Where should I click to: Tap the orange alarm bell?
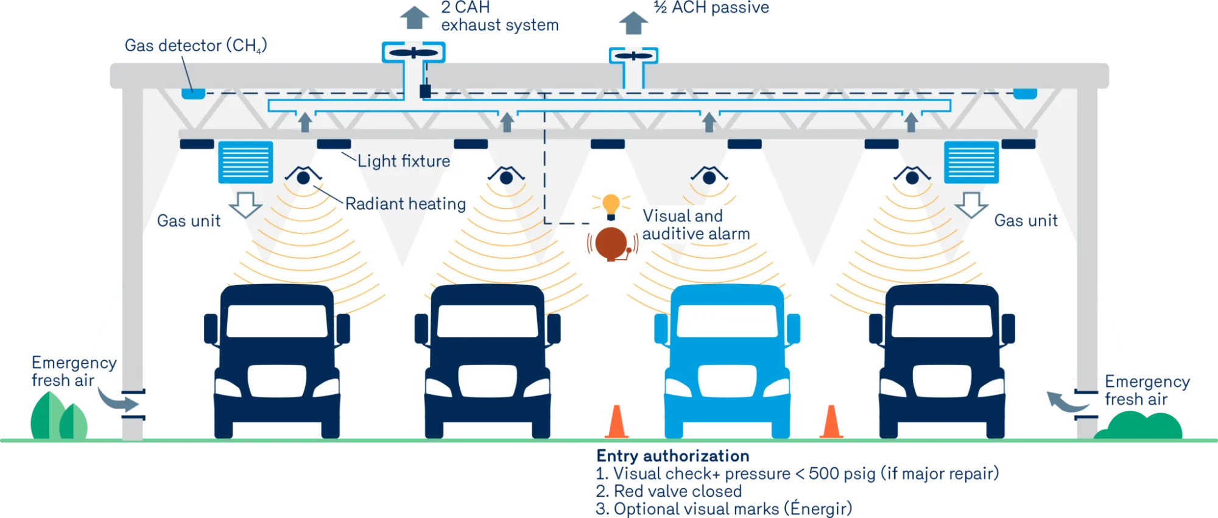point(611,244)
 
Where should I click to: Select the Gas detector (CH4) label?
point(195,46)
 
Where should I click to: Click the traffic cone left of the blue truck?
point(616,422)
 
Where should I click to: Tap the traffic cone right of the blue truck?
point(831,422)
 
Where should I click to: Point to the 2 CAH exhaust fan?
point(414,53)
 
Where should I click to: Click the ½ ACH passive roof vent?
point(633,56)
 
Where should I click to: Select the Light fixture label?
point(404,161)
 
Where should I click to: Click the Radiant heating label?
point(406,204)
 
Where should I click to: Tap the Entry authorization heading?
point(673,456)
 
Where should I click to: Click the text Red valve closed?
point(678,491)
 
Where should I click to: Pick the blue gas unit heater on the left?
point(245,162)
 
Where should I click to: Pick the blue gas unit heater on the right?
point(971,162)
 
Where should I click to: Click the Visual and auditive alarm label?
point(696,225)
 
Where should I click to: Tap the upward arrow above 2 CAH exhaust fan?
point(414,18)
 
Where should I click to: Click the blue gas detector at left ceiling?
point(193,93)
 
